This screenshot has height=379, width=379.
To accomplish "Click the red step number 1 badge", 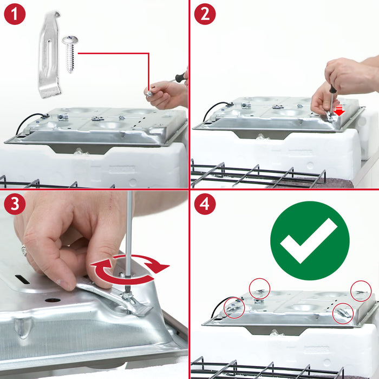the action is click(x=15, y=14).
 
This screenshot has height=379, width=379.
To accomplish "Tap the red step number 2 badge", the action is click(x=205, y=14).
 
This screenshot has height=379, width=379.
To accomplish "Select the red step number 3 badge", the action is click(x=15, y=204).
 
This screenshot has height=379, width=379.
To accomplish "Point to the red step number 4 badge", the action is click(x=205, y=204).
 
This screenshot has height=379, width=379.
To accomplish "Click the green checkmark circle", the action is click(x=310, y=241).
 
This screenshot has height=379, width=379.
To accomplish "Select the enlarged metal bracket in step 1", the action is click(x=50, y=54).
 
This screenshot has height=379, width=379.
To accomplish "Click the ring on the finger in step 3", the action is click(x=24, y=250).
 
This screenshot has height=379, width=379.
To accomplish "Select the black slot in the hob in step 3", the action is click(x=23, y=279).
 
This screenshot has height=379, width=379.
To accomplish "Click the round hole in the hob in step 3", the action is click(x=53, y=300).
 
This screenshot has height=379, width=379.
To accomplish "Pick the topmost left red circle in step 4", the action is click(x=259, y=278).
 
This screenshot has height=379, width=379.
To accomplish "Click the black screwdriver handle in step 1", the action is click(x=181, y=77).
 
